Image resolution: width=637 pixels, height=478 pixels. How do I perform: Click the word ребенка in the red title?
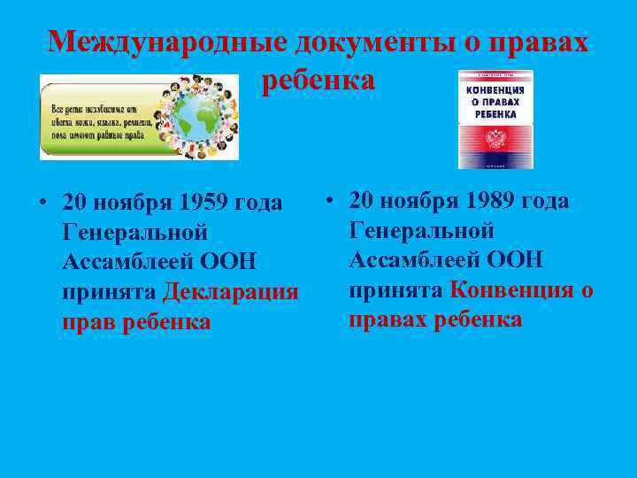(x=318, y=81)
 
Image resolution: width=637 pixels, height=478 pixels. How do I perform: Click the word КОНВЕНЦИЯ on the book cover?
(x=495, y=89)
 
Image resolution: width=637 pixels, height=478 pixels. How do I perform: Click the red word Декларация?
(x=231, y=292)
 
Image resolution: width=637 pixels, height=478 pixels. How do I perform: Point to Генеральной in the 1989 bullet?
(x=421, y=230)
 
